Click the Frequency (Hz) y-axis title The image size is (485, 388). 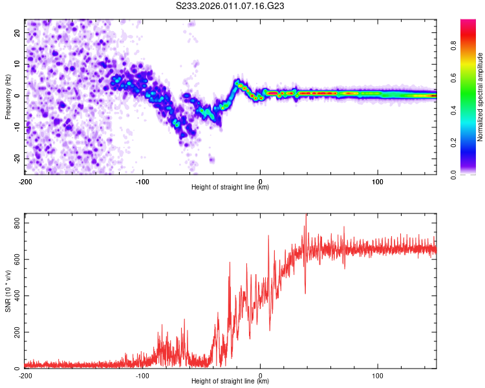click(x=8, y=96)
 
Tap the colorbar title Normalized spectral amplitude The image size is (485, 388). click(x=480, y=97)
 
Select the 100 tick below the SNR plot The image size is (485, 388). click(x=378, y=376)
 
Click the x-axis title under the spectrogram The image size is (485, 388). click(x=230, y=188)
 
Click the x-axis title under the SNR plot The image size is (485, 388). click(x=230, y=382)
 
